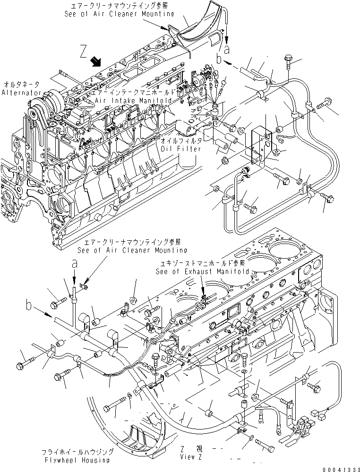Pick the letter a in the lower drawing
pos(75,265)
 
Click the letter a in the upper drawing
pos(228,49)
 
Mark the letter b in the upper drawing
pos(219,59)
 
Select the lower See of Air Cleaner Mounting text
pos(132,250)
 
